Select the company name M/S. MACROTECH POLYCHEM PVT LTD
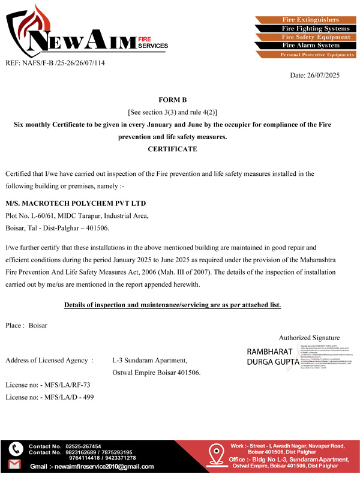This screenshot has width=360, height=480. tap(76, 203)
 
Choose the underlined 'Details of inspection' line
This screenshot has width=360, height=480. tap(172, 305)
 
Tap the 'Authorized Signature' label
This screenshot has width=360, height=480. tap(309, 338)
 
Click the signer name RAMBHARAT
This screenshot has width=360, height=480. tap(269, 351)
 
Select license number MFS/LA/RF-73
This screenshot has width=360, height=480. tap(64, 384)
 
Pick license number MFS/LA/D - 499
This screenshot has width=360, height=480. tap(67, 397)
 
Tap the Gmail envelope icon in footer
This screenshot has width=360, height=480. tap(16, 466)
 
